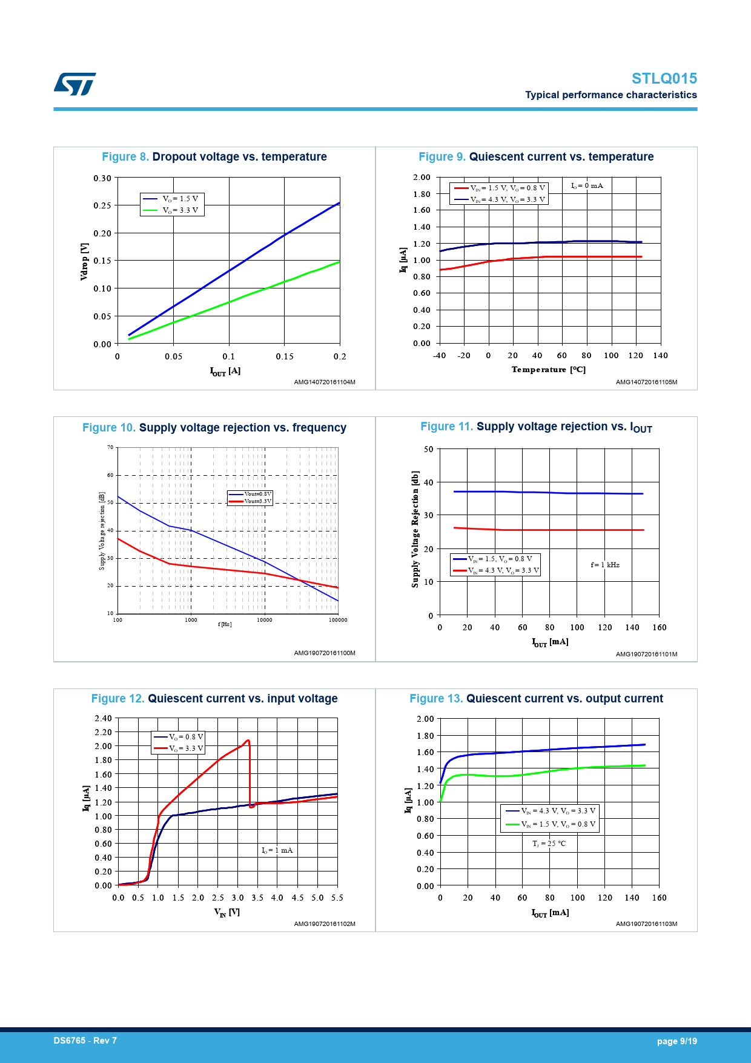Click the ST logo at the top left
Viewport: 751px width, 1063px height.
74,84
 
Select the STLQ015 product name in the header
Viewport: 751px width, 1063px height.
664,79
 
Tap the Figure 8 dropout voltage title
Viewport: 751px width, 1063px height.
214,157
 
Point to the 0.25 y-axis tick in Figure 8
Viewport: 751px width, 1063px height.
102,205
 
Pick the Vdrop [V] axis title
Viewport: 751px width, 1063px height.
85,261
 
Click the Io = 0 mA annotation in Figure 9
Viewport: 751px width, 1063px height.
587,185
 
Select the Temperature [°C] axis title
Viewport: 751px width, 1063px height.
548,370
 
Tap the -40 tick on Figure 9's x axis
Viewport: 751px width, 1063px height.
439,356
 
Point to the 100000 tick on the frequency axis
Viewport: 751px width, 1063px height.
338,620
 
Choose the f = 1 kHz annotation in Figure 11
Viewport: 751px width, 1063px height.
605,565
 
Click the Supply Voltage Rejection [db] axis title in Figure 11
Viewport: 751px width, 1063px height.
415,529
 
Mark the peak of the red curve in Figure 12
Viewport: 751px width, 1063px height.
248,740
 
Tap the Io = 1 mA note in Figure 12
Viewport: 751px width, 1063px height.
277,850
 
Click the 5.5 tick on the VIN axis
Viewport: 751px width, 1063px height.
337,898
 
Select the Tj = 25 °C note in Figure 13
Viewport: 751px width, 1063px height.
549,844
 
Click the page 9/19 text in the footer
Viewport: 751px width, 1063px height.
677,1041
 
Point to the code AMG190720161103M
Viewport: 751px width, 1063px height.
646,924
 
